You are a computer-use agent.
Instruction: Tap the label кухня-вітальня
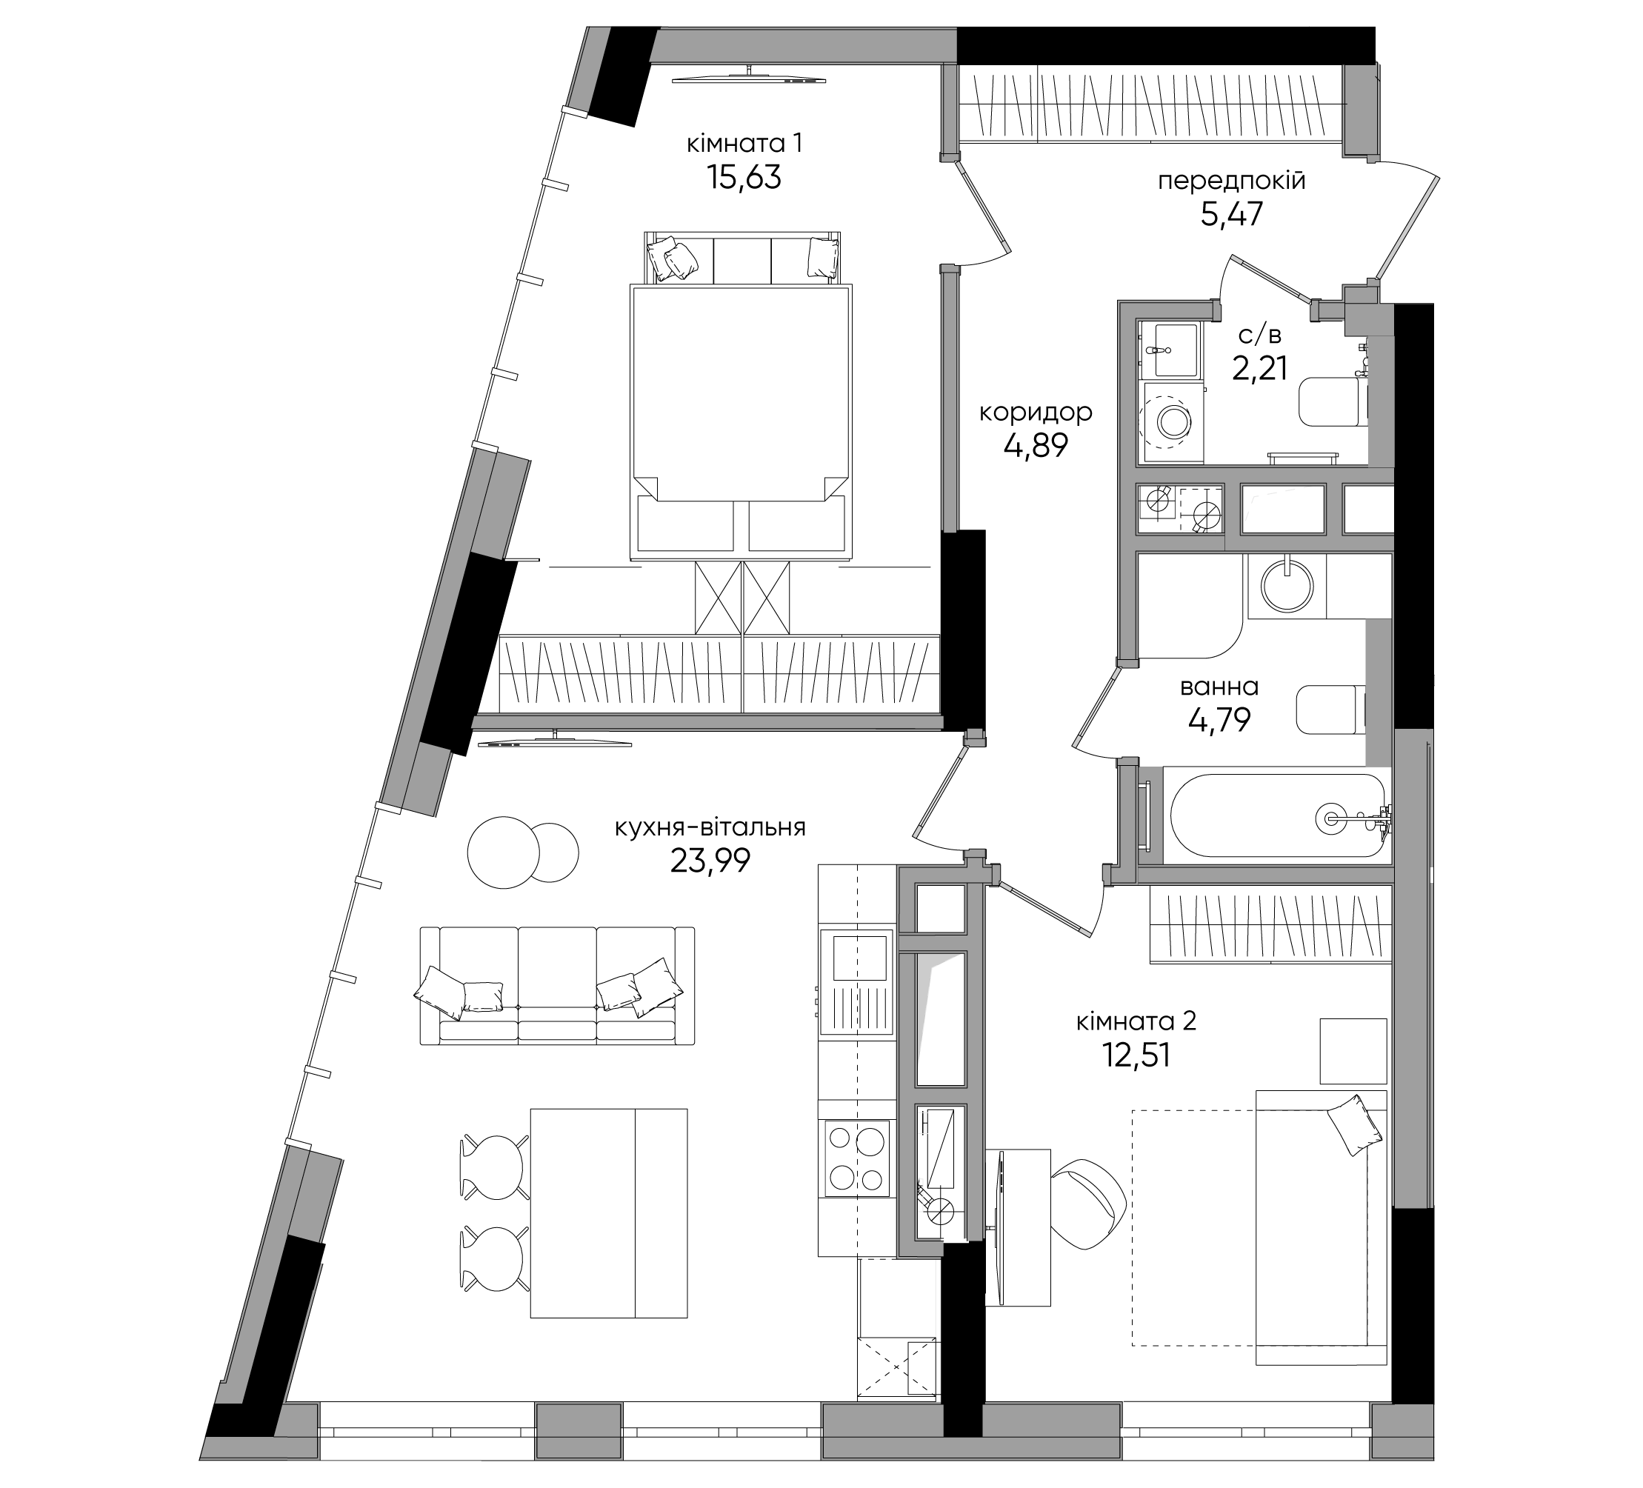click(x=710, y=828)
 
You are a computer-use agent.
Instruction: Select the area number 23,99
click(x=710, y=861)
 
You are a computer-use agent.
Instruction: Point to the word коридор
click(x=1035, y=413)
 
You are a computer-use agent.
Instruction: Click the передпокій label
click(x=1231, y=181)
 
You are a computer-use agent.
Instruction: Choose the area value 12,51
click(x=1136, y=1055)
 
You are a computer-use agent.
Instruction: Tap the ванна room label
click(x=1219, y=687)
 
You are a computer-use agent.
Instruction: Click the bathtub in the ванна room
click(x=1277, y=815)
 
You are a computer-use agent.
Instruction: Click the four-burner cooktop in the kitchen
click(x=856, y=1158)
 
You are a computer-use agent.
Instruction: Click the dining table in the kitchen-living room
click(x=608, y=1212)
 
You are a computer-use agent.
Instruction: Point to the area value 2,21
click(x=1260, y=369)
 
